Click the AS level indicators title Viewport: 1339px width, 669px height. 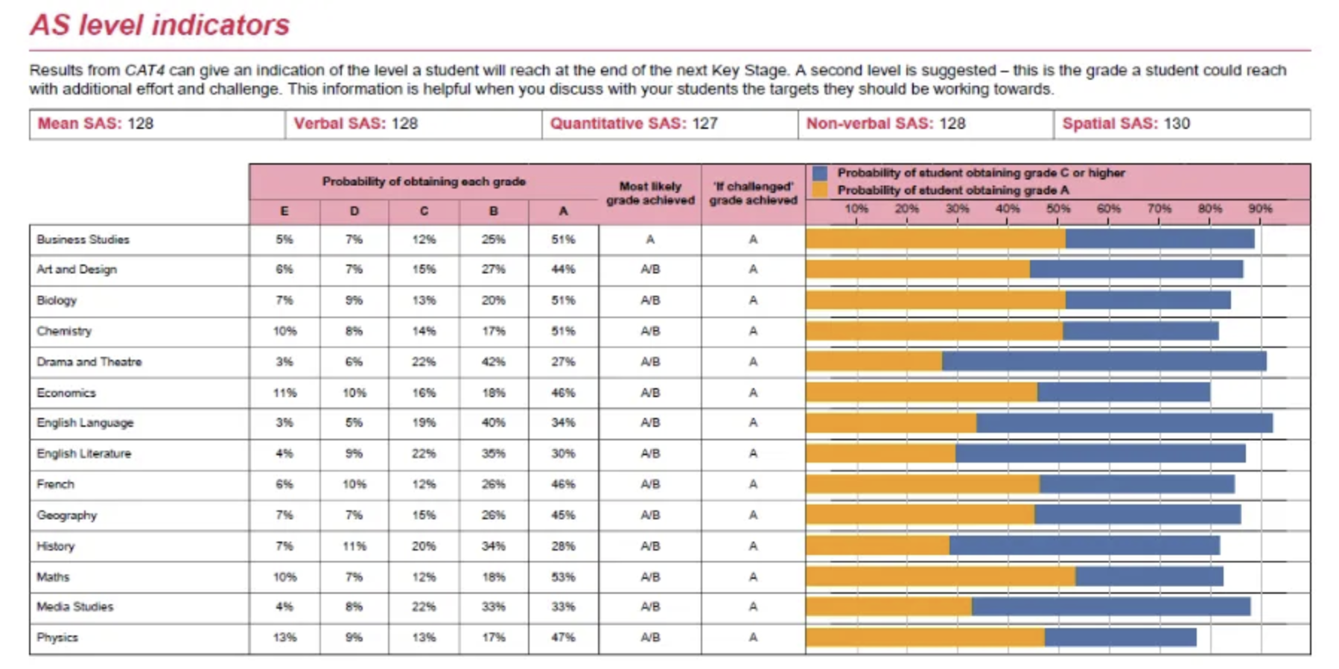[x=159, y=25]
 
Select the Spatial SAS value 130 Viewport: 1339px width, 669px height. [x=1177, y=124]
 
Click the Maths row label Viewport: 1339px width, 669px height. [x=53, y=577]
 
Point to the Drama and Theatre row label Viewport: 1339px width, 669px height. [x=89, y=361]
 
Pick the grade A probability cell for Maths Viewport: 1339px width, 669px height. [x=563, y=577]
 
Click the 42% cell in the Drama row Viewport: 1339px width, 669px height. [x=493, y=361]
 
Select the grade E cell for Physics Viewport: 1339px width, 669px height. [x=284, y=638]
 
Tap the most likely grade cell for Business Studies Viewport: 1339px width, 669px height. [x=650, y=239]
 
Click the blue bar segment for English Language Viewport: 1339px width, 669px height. [x=1125, y=423]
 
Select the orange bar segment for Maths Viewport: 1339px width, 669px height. [x=941, y=576]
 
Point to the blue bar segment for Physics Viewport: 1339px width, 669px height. [x=1120, y=637]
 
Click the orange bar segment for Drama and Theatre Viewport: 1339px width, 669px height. [x=874, y=361]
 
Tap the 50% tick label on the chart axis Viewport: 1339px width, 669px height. [x=1057, y=209]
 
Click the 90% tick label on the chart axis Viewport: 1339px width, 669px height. [x=1260, y=209]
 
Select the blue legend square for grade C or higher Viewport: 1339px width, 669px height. [x=820, y=173]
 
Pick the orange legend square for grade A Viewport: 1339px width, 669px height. [x=820, y=190]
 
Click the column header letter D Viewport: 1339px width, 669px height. [x=354, y=212]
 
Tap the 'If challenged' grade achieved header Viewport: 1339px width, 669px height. [x=753, y=193]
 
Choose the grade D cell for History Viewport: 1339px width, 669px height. [x=354, y=546]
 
